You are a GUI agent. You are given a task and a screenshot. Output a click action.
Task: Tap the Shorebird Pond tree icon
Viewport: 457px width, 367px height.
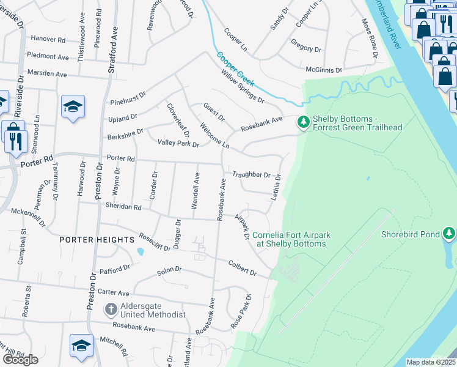[x=449, y=234]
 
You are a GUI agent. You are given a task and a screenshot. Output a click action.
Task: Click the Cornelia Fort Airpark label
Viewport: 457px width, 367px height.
[x=289, y=239]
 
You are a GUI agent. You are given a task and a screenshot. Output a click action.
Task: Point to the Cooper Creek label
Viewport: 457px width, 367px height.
[x=236, y=68]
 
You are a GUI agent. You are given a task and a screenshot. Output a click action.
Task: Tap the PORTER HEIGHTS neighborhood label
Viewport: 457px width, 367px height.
[x=97, y=240]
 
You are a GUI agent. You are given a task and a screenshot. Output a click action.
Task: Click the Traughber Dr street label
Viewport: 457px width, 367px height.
[x=251, y=174]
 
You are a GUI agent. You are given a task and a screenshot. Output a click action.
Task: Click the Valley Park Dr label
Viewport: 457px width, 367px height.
[x=178, y=143]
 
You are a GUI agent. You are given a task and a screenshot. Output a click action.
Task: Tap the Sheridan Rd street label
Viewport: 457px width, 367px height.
[x=123, y=207]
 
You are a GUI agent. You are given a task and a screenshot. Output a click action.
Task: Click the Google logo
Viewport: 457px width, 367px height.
[x=20, y=359]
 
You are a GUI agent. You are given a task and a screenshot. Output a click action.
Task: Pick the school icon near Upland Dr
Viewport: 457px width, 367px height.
[x=73, y=106]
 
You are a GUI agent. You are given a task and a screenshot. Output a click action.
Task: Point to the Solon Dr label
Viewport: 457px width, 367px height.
[x=170, y=270]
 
